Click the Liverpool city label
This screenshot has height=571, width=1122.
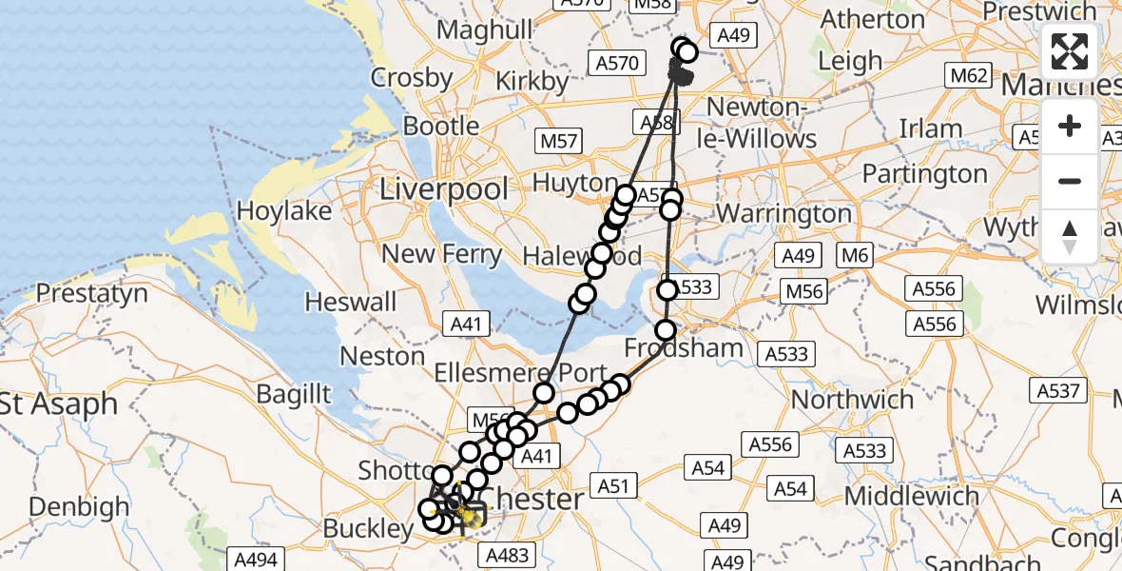pos(444,188)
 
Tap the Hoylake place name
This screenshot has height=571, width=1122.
pos(283,210)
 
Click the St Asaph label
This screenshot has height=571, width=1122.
pos(59,404)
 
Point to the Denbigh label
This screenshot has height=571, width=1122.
pos(79,506)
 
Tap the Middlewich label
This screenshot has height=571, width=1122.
pos(911,496)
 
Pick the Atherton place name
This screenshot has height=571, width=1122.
pos(872,19)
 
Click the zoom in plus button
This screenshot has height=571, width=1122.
pos(1070,126)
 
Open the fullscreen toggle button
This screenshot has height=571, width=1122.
pos(1070,51)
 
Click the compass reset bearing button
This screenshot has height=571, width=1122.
pos(1070,236)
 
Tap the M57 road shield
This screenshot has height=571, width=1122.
pos(557,141)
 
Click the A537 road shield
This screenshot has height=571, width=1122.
pos(1058,390)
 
